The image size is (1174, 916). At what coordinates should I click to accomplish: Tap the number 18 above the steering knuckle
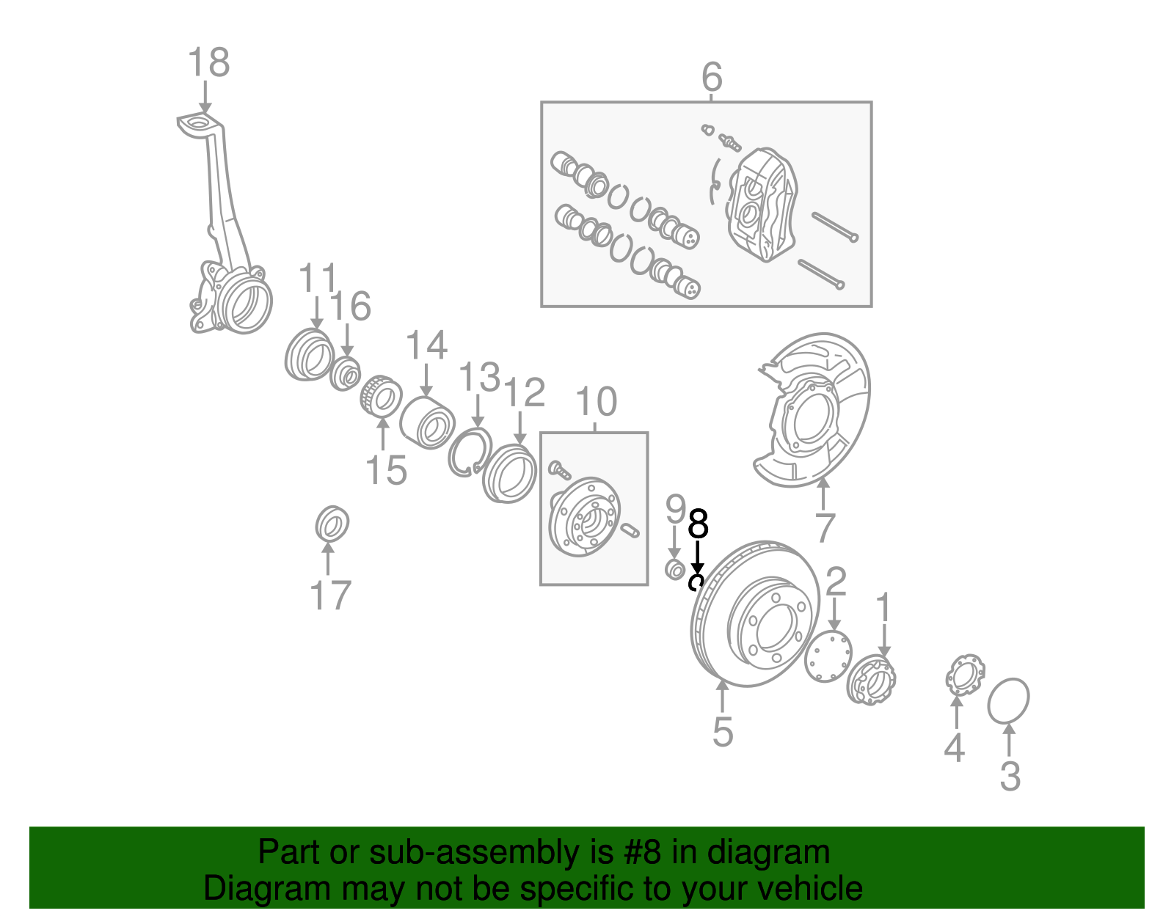(x=208, y=63)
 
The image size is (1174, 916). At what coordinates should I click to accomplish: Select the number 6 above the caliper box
(x=712, y=77)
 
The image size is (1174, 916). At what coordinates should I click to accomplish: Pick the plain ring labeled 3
(x=1009, y=700)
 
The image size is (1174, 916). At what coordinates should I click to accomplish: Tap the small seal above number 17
(x=332, y=524)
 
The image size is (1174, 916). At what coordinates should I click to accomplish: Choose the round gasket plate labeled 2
(x=828, y=656)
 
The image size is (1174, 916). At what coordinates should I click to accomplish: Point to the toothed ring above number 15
(x=381, y=397)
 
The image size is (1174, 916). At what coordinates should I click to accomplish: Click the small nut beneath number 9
(x=675, y=569)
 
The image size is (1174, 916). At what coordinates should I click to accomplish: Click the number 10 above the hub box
(x=596, y=402)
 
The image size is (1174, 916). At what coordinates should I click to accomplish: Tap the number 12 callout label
(x=525, y=393)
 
